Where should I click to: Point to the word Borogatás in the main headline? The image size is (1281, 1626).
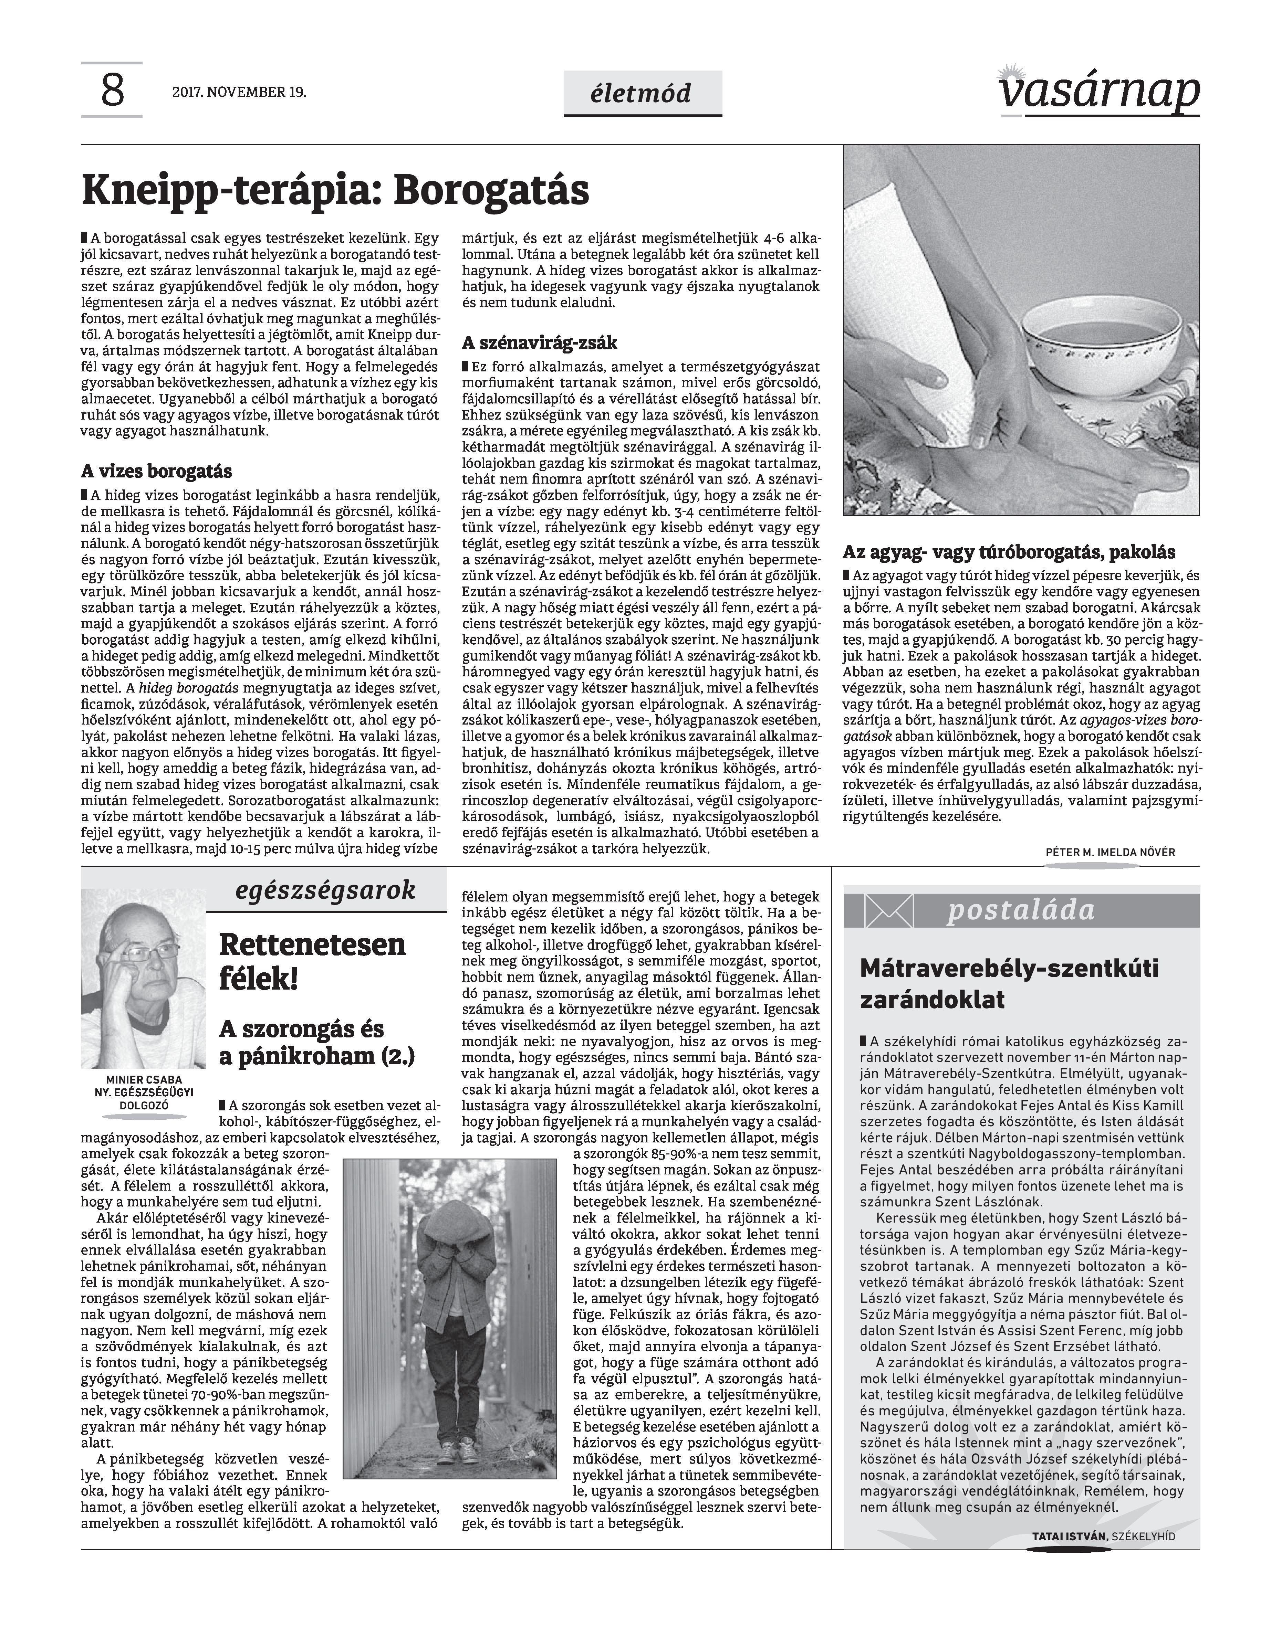491,190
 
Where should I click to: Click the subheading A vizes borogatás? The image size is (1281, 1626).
156,472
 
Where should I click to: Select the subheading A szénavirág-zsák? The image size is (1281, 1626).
539,342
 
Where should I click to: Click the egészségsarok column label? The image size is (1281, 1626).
325,890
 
